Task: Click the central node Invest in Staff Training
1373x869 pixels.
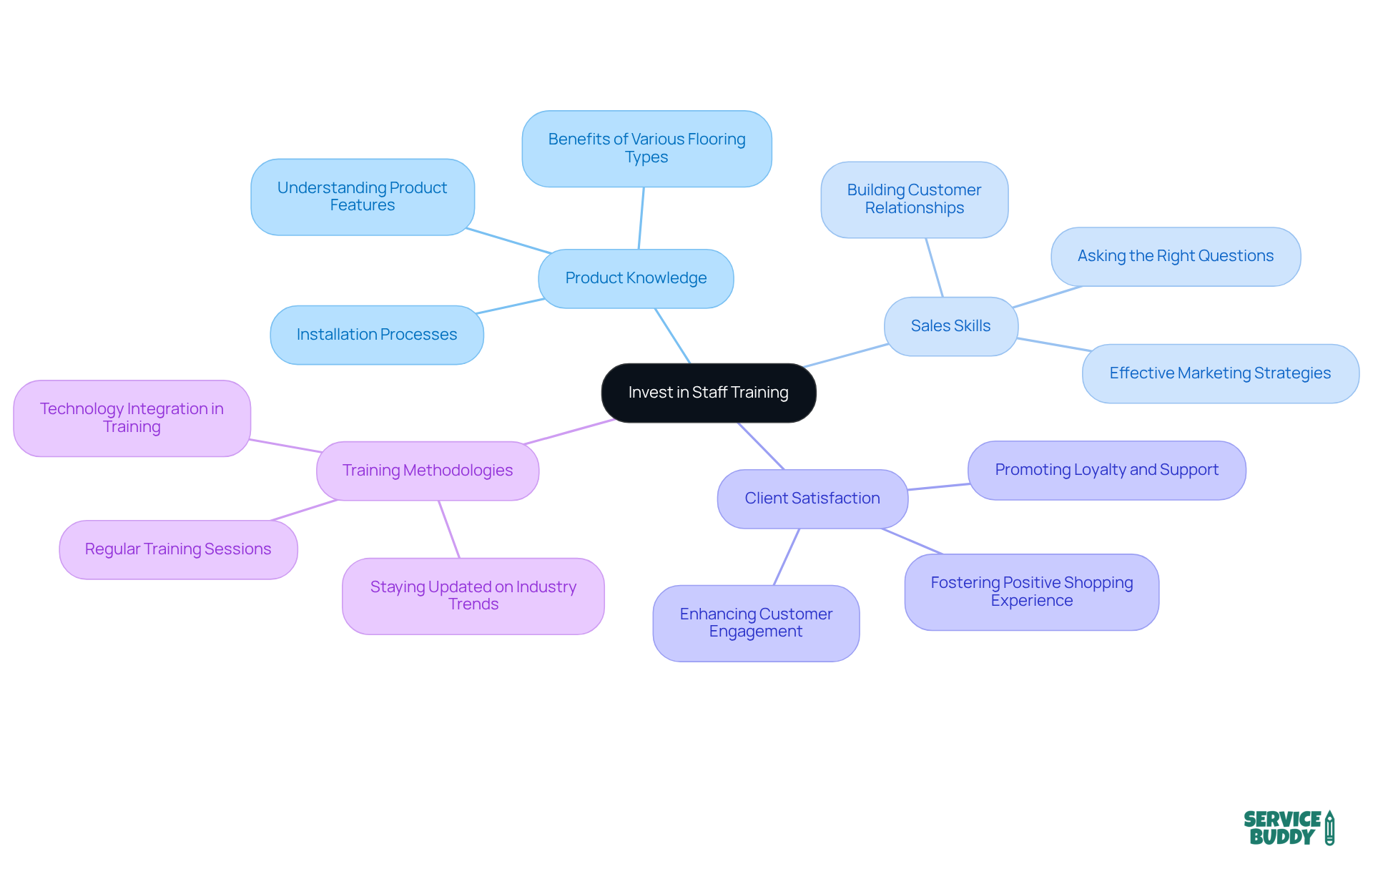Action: [x=708, y=393]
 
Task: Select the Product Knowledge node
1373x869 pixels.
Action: [x=636, y=278]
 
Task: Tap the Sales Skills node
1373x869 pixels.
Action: [x=950, y=326]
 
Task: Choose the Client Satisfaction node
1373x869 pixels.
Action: [x=812, y=499]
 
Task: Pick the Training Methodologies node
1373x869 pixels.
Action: [x=428, y=471]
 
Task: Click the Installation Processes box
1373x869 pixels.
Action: [x=377, y=335]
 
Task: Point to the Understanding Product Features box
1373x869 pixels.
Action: [x=363, y=197]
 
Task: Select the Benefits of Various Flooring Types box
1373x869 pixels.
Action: [x=646, y=149]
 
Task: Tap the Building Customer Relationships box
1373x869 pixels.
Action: [x=914, y=200]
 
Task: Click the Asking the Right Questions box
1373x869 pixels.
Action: [x=1176, y=256]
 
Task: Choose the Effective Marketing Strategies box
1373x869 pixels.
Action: [x=1220, y=373]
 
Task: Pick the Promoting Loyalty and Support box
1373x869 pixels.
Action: [x=1106, y=470]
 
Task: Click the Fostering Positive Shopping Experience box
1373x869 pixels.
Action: [x=1031, y=591]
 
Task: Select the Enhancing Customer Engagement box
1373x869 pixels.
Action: [x=756, y=623]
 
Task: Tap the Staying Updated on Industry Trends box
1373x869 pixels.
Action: [x=473, y=596]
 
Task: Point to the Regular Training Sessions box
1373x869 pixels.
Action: [x=178, y=549]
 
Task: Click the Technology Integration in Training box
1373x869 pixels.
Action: [x=132, y=418]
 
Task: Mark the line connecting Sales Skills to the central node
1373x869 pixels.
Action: [x=847, y=355]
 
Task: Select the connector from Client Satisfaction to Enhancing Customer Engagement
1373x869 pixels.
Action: [x=787, y=556]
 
